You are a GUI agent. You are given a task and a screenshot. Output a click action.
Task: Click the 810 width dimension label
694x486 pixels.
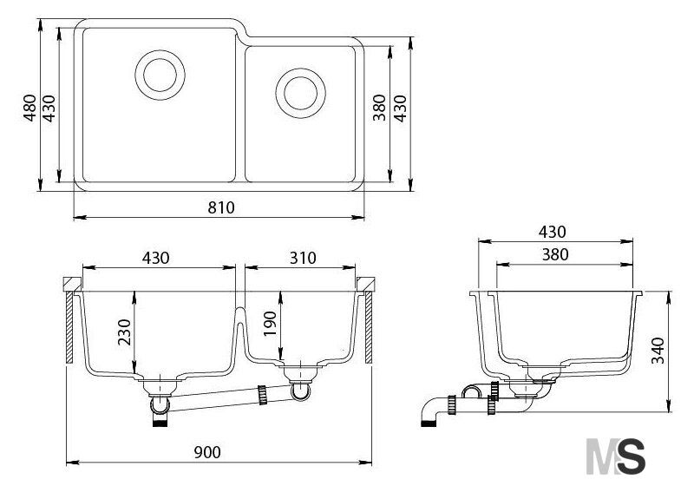tap(221, 207)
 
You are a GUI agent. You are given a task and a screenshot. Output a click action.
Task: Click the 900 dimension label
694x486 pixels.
tap(207, 452)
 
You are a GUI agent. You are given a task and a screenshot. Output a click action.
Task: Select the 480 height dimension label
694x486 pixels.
tap(30, 108)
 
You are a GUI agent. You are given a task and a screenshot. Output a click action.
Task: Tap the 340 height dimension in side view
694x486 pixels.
tap(658, 350)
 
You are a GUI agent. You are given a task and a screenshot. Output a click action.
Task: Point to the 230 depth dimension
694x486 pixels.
tap(125, 332)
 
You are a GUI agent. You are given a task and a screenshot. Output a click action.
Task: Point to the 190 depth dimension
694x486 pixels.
tap(270, 324)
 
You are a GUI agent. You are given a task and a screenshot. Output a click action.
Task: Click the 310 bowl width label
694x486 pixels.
tap(303, 258)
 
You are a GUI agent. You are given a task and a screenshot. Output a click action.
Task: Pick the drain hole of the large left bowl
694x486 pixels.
tap(160, 75)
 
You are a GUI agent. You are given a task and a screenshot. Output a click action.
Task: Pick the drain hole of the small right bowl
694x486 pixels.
tap(300, 93)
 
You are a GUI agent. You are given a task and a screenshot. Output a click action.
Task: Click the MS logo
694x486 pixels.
tap(616, 456)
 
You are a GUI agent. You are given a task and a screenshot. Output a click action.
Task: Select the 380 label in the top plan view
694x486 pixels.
tap(379, 108)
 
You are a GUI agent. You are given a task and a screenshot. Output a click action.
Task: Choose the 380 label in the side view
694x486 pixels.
tap(555, 254)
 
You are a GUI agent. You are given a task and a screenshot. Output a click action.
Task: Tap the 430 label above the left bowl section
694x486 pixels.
tap(156, 258)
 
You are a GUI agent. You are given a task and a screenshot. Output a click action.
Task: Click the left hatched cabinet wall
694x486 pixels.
tap(69, 328)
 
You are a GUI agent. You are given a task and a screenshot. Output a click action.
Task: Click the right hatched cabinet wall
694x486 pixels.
tap(369, 327)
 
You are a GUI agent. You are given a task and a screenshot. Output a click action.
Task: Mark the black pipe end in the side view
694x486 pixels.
tap(428, 424)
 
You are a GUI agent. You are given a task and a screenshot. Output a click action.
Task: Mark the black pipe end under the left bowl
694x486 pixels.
tap(160, 424)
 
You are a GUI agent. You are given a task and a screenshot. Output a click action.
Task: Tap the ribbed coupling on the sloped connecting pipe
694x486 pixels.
tap(262, 395)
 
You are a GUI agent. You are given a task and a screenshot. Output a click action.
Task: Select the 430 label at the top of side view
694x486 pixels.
tap(552, 232)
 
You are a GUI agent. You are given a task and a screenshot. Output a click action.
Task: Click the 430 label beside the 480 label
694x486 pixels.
tap(49, 108)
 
